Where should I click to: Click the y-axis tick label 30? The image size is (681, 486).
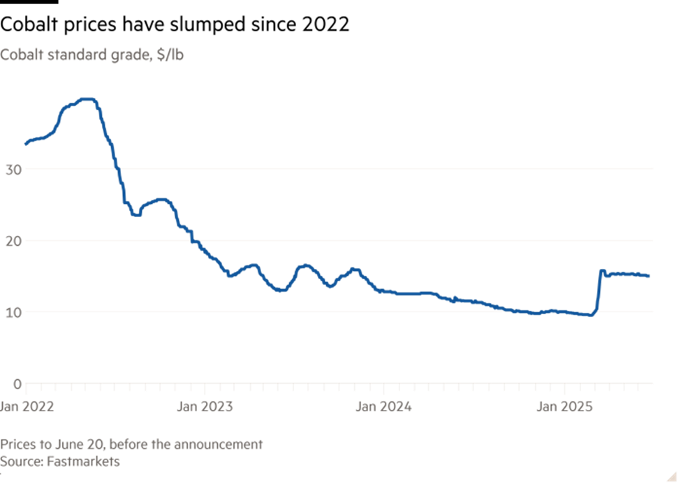coord(13,170)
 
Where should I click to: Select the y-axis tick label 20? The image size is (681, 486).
coord(13,241)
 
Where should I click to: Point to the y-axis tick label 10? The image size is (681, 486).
coord(13,312)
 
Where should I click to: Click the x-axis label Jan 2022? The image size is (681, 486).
coord(26,406)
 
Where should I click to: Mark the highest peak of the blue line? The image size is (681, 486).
coord(87,99)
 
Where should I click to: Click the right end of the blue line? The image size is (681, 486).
coord(650,277)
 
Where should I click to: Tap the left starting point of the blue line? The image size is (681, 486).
coord(26,145)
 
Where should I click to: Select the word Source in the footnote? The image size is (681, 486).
coord(19,462)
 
